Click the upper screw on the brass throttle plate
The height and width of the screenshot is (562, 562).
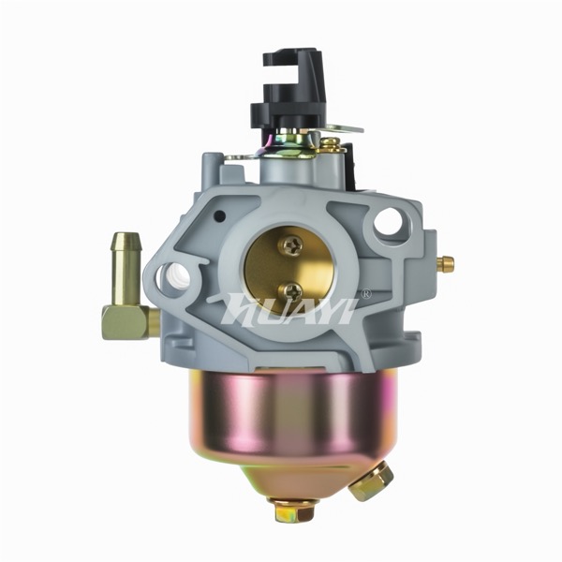(292, 245)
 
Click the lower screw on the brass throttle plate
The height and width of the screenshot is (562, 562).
(290, 291)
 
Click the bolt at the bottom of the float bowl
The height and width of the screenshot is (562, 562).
(295, 509)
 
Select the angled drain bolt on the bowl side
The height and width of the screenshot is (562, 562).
(371, 481)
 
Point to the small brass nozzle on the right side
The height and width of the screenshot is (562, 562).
(447, 264)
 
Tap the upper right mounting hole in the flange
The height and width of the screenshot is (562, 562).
(388, 221)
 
